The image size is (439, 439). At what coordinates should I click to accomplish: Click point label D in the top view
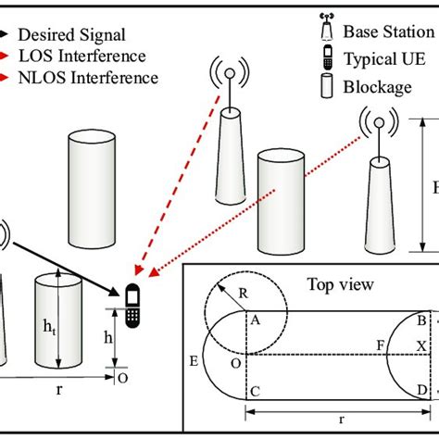[x=422, y=392]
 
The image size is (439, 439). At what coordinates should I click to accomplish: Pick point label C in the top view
[x=254, y=392]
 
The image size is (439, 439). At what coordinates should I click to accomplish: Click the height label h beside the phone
[x=107, y=340]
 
